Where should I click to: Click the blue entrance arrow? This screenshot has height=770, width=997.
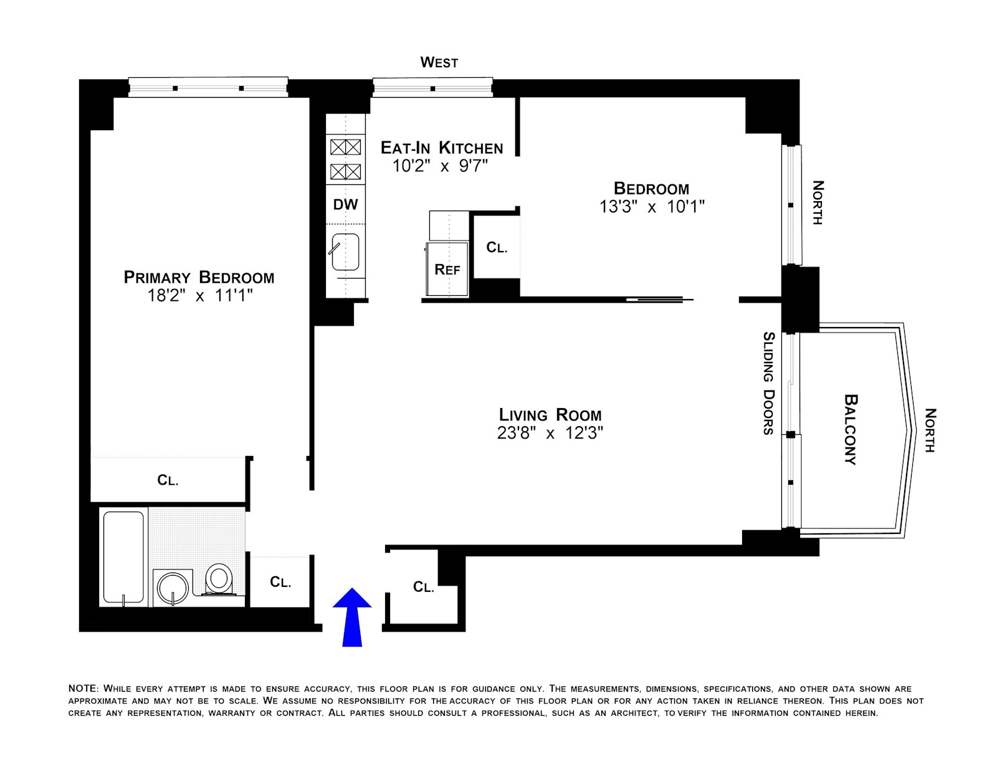[352, 617]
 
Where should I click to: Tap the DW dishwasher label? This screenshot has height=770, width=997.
[345, 204]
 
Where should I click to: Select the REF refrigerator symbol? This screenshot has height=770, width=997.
[447, 269]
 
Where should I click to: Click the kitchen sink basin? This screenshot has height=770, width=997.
[345, 252]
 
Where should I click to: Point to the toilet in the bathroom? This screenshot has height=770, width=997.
[218, 579]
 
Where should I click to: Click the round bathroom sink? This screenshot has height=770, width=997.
[171, 587]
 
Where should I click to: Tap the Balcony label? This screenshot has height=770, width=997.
[851, 429]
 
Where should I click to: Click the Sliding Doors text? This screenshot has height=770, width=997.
[769, 383]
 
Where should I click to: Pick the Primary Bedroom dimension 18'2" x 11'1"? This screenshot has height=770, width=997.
[199, 295]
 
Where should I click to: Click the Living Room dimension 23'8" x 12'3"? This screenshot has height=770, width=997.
[550, 432]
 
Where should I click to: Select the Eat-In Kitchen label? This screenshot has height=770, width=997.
[442, 148]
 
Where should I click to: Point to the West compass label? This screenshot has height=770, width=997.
[439, 62]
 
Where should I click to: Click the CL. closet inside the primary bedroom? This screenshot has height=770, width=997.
[168, 480]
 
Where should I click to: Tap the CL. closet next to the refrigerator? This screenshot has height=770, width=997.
[497, 247]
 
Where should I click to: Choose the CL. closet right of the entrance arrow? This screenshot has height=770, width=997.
[424, 587]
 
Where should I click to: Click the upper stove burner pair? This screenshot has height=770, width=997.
[345, 147]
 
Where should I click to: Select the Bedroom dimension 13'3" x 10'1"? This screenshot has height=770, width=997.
[651, 206]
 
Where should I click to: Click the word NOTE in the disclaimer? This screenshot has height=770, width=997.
[83, 688]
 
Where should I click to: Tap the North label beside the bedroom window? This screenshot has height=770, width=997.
[818, 202]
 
